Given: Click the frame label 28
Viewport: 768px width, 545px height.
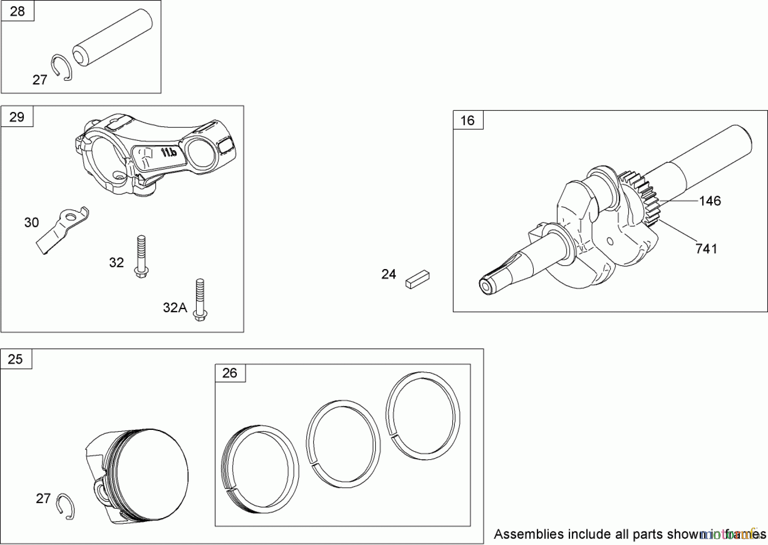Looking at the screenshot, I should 17,12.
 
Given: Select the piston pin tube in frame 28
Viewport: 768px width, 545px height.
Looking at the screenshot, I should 112,38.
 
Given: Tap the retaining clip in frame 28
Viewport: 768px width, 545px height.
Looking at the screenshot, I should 63,67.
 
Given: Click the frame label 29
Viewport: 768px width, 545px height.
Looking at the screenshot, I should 17,117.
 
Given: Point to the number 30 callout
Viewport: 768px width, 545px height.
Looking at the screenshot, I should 32,222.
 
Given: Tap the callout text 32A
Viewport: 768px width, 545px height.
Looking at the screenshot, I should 175,307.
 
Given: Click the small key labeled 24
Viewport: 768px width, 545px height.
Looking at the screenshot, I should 418,280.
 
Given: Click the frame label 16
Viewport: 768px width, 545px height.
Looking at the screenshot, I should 468,121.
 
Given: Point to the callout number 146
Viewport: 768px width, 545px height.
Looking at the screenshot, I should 710,201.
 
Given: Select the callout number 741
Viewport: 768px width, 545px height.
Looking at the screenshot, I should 706,249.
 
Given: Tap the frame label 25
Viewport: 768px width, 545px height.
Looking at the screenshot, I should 15,359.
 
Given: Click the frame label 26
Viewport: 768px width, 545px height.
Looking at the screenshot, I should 230,373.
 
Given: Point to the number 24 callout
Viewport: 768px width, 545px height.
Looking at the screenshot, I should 389,274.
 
